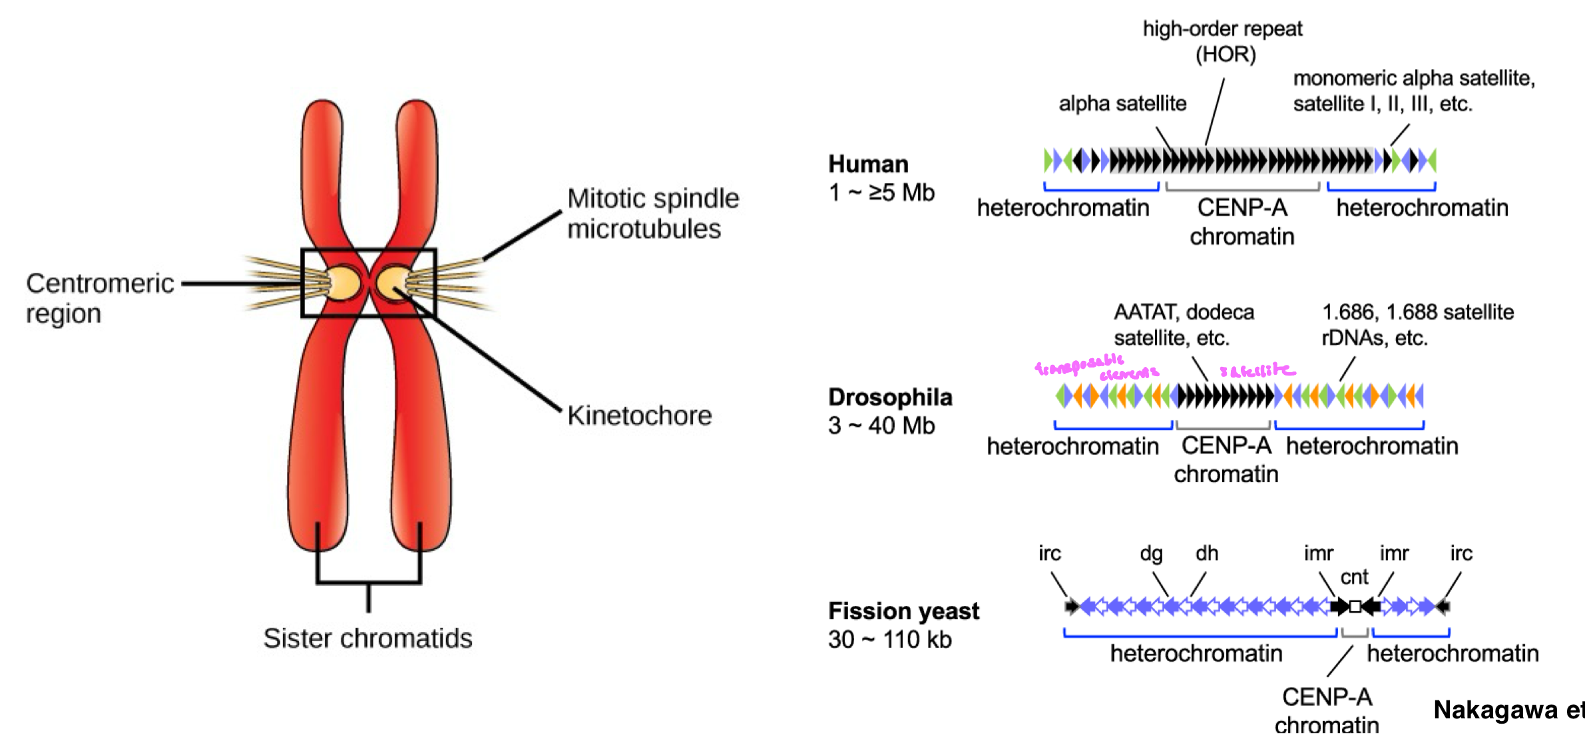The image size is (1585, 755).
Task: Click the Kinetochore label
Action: [639, 415]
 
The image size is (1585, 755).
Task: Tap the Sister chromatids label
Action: [367, 638]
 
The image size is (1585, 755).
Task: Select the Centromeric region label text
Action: [100, 298]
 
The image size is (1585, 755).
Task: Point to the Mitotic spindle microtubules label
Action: [652, 214]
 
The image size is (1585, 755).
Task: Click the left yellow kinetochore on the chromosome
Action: [343, 283]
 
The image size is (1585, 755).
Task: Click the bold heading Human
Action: [868, 164]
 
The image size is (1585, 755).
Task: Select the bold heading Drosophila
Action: [890, 397]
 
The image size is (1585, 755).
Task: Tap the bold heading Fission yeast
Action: [903, 611]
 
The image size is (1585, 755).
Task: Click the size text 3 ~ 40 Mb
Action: [881, 425]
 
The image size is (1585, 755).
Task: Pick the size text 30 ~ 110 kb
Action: [889, 640]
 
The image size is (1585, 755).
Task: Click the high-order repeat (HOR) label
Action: [1223, 41]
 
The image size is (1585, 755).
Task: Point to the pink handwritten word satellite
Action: [1257, 370]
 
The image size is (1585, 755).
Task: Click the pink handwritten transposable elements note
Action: [1095, 368]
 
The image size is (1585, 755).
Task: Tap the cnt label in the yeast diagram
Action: [1354, 577]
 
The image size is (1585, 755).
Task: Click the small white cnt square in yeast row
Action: [1355, 607]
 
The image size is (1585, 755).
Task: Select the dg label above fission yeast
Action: [1151, 553]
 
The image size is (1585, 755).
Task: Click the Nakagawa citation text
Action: [1508, 710]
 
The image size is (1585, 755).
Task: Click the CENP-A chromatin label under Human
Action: [1242, 222]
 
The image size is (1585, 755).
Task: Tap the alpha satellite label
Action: [1122, 104]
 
